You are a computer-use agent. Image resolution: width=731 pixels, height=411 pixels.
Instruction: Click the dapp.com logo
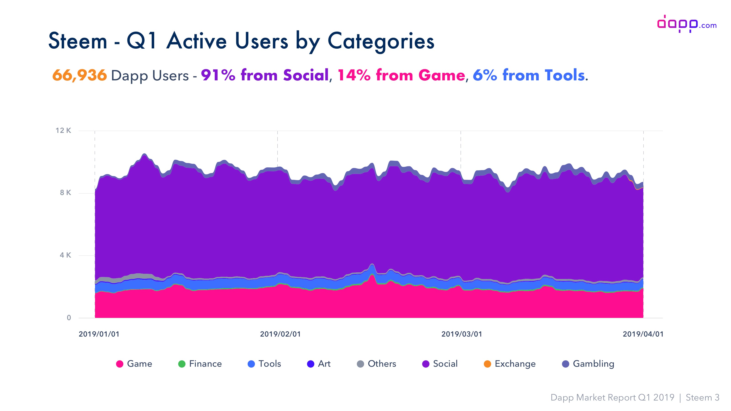[x=686, y=24]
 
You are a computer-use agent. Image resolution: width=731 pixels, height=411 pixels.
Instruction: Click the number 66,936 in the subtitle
[x=79, y=75]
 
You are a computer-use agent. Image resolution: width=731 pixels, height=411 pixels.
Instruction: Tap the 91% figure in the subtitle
[x=218, y=75]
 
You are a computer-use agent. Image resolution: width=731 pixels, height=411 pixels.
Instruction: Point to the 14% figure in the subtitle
[x=354, y=75]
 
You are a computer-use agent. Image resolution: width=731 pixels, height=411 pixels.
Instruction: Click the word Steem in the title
[x=78, y=41]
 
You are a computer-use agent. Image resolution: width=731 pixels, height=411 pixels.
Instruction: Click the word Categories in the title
[x=381, y=41]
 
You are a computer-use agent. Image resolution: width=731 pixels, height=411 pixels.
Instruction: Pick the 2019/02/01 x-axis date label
[x=280, y=334]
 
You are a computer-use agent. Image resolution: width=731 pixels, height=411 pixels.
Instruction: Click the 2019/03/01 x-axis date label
[x=462, y=334]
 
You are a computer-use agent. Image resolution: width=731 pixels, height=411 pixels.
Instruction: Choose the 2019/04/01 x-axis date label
[x=643, y=334]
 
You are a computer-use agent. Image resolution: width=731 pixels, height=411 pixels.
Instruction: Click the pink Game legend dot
[x=120, y=364]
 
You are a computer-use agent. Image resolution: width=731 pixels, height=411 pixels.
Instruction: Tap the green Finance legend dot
[x=182, y=364]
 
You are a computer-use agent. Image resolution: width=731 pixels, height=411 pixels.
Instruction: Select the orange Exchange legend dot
[x=487, y=364]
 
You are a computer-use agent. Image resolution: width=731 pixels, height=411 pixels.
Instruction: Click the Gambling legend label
[x=593, y=364]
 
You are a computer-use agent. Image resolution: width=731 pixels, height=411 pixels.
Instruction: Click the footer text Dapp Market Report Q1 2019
[x=612, y=398]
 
